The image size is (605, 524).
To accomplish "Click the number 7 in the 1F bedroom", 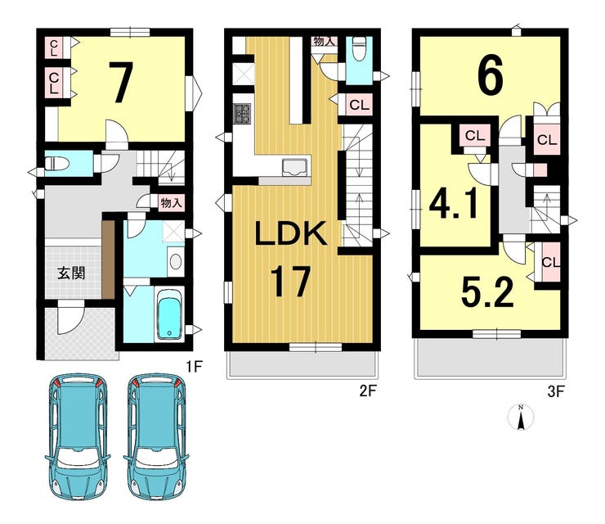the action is coord(121,83).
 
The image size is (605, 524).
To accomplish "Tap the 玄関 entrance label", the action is coord(71,273).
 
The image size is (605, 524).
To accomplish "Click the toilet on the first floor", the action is coord(56,164).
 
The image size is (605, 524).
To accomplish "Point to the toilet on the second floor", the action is coord(359,47).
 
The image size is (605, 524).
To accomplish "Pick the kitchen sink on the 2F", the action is coord(295,167).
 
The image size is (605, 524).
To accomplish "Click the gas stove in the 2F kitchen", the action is coord(244,114).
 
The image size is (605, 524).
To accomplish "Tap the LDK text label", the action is coord(292,234).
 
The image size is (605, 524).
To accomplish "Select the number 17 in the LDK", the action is coord(290,282).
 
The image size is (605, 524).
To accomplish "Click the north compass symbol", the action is coord(521,418).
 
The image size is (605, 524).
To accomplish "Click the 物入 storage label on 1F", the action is coord(171,202).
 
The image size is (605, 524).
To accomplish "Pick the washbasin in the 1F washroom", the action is coord(176,262).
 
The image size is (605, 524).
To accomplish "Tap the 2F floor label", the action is coord(368,391).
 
